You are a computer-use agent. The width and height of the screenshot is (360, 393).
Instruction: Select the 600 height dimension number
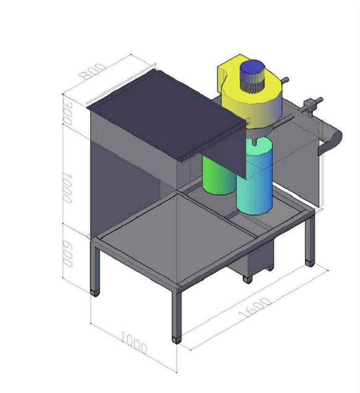tap(67, 254)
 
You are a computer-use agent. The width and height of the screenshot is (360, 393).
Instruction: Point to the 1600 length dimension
tap(255, 308)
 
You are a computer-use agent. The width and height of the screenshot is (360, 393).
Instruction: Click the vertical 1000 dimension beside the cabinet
tap(67, 188)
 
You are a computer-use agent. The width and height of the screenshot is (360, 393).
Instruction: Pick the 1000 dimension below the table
tap(134, 343)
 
